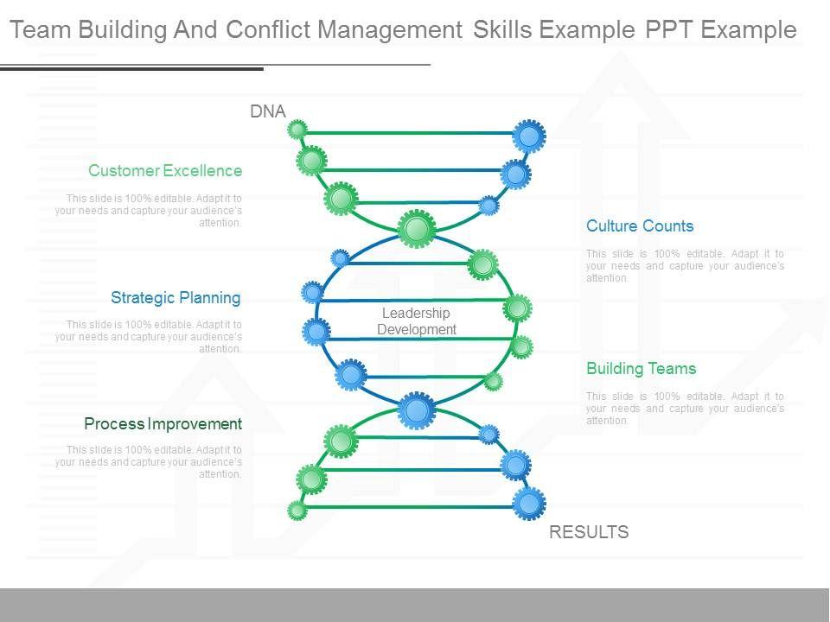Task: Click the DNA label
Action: pos(268,111)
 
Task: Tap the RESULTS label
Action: pos(589,532)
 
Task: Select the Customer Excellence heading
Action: pos(165,171)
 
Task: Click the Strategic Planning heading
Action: pos(176,298)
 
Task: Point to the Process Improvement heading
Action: pos(163,424)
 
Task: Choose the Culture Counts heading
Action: pos(640,226)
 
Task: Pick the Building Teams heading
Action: pos(641,369)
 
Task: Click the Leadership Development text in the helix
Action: pos(417,321)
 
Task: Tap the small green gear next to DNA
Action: pos(297,130)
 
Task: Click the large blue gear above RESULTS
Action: pos(528,503)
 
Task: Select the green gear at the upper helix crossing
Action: pos(417,229)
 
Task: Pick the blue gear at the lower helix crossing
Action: pos(417,410)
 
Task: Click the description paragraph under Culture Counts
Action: pos(685,266)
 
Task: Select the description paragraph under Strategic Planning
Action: pos(149,337)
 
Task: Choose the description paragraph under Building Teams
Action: pos(685,409)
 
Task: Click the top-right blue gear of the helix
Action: pos(528,136)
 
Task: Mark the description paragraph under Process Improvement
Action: pos(149,462)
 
